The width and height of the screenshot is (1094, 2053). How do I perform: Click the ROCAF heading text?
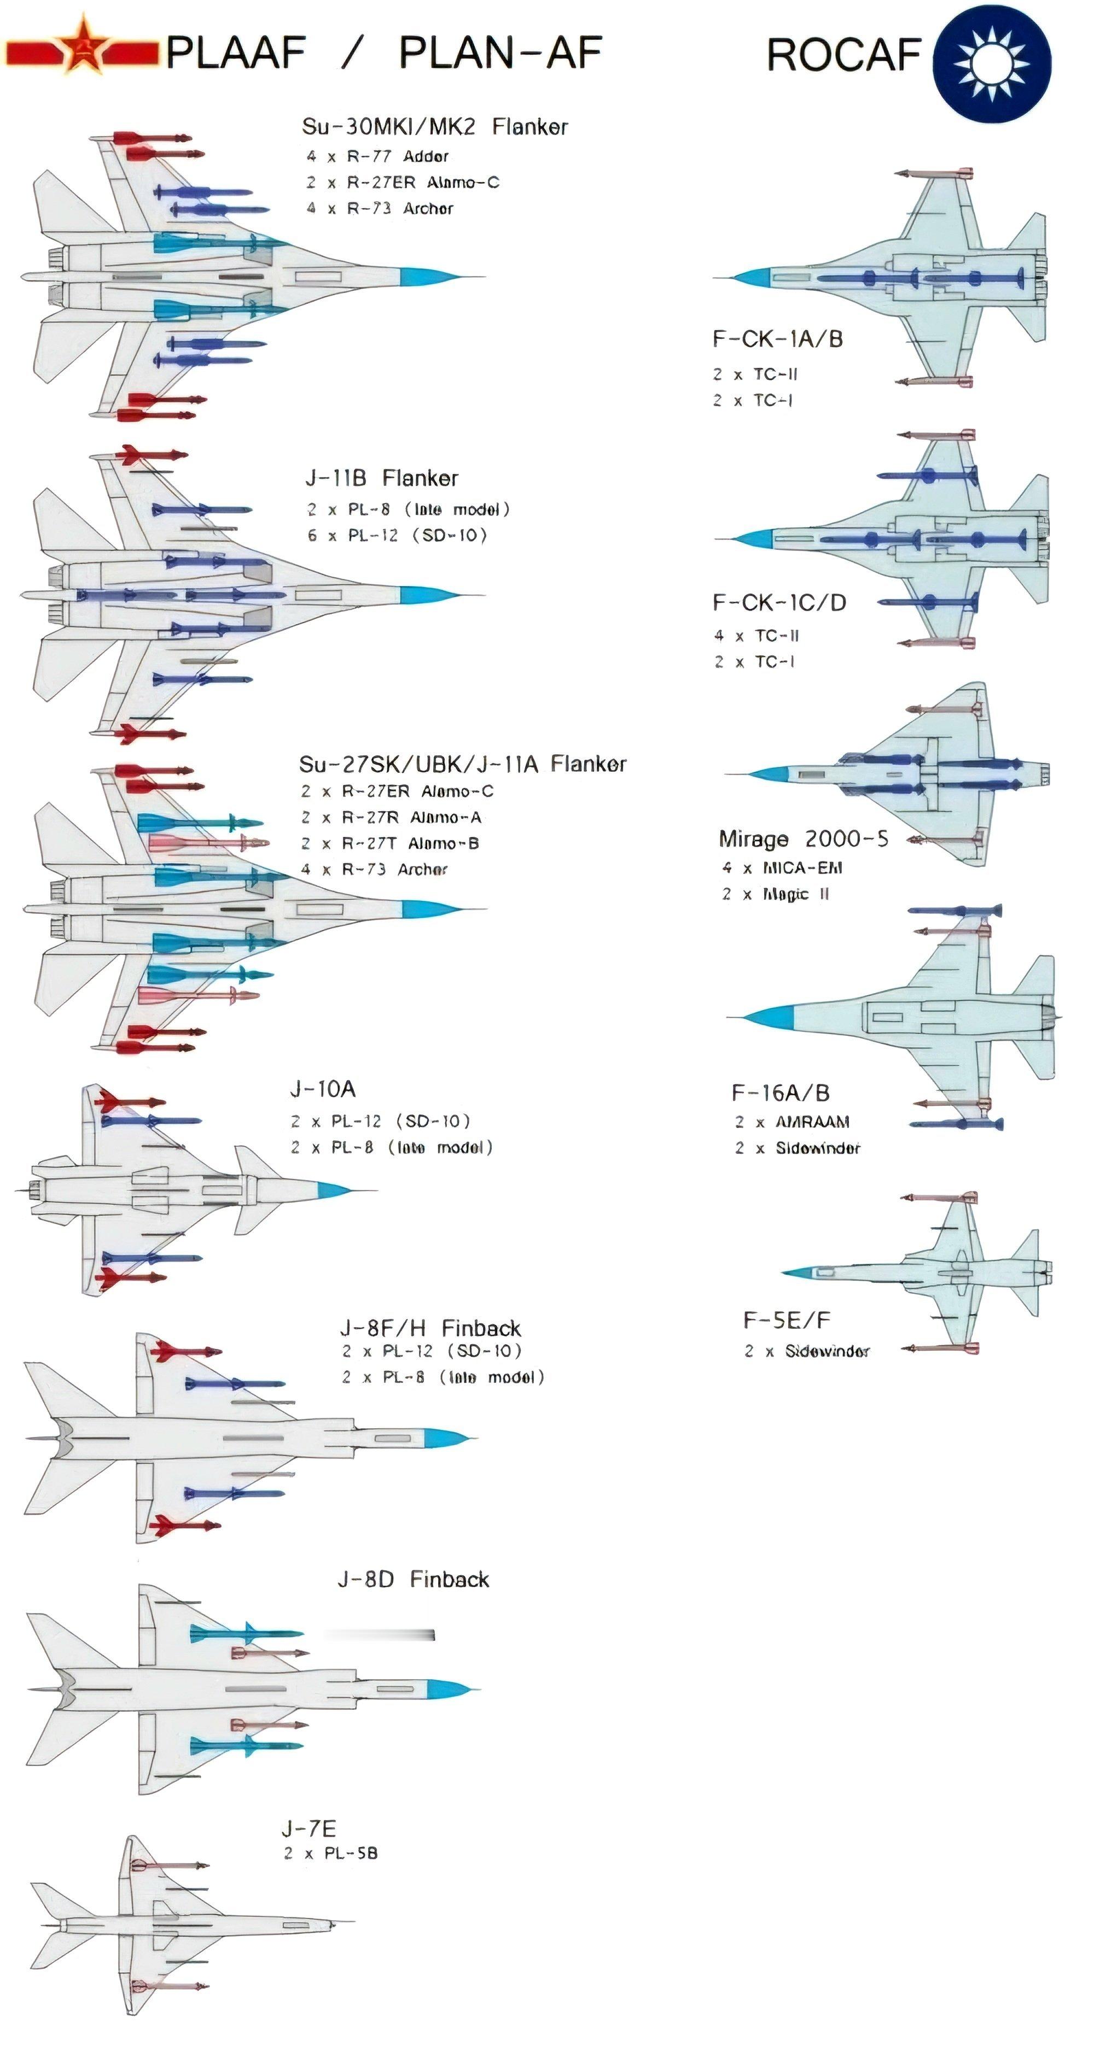coord(843,55)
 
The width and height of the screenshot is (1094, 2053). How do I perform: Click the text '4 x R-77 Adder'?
coord(377,156)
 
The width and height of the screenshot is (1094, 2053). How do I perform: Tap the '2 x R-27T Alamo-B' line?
coord(390,843)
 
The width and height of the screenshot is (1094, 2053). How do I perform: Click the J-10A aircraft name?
coord(323,1089)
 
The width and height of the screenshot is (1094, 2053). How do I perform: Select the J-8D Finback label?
coord(413,1579)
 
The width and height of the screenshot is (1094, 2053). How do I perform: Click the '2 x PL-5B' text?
coord(330,1853)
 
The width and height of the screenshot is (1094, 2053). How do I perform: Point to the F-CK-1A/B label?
coord(777,339)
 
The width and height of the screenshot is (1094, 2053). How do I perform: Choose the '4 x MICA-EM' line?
coord(782,868)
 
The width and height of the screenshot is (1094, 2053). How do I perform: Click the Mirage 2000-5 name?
coord(803,838)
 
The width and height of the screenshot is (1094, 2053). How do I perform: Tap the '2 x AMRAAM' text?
coord(792,1122)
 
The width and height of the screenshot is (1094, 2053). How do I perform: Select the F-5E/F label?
coord(786,1321)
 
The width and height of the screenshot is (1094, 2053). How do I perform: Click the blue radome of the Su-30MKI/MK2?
coord(425,277)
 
